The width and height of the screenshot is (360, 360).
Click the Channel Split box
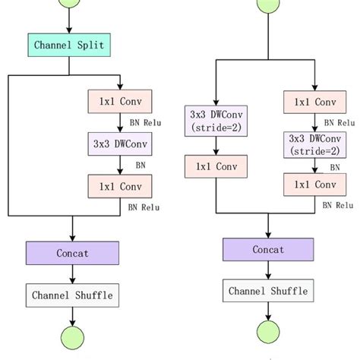[x=73, y=45]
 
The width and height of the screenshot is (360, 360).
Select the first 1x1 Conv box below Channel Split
[x=121, y=101]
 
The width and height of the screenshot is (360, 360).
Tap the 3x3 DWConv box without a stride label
[x=121, y=143]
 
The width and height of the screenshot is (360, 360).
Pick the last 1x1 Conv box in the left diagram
[x=121, y=185]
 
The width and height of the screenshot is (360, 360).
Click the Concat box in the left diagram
[x=73, y=251]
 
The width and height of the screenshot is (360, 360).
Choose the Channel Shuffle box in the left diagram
[x=73, y=294]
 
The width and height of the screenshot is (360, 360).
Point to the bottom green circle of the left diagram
[x=73, y=337]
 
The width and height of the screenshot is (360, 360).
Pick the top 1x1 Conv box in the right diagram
[x=314, y=101]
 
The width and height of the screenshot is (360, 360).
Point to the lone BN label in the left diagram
[x=141, y=163]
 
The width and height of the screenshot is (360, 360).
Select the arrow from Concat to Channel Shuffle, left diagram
[x=73, y=273]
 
